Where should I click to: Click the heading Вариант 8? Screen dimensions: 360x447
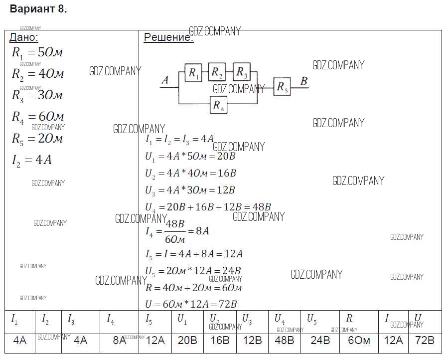pos(38,9)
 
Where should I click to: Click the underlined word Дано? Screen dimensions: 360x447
pos(24,37)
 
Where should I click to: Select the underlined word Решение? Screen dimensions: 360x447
pos(168,37)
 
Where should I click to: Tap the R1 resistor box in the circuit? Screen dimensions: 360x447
pos(193,73)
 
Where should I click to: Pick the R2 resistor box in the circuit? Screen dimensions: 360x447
pos(217,73)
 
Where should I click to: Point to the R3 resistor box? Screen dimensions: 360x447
pos(241,73)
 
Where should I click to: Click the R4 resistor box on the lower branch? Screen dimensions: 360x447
pos(218,105)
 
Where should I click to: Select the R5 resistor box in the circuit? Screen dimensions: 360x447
pos(282,87)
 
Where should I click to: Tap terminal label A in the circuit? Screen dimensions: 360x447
pos(165,80)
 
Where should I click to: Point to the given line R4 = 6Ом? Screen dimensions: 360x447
pos(38,117)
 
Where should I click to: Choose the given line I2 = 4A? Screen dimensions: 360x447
pos(31,160)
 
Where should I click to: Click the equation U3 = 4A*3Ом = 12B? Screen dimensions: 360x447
pos(190,190)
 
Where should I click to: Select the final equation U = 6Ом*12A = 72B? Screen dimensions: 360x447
pos(191,304)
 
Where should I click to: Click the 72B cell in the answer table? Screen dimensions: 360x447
pos(425,341)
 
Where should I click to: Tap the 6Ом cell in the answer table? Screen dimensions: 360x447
pos(359,341)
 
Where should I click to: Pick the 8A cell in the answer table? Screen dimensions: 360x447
pos(119,341)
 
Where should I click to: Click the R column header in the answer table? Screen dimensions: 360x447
pos(349,318)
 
